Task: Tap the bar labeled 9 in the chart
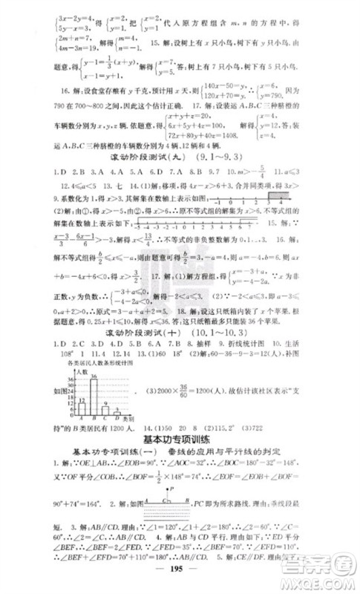(105, 409)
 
